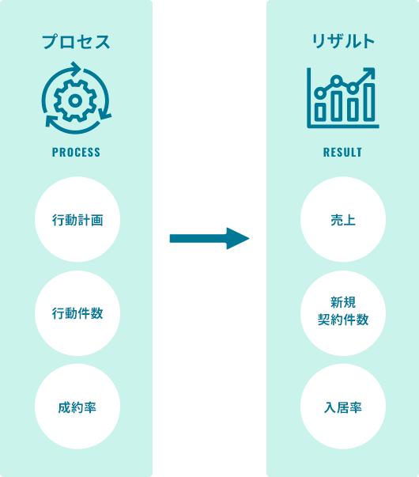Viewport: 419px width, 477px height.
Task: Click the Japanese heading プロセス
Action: pos(76,41)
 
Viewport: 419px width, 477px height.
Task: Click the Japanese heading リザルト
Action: pos(343,41)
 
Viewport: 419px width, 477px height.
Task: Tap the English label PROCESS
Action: pos(76,152)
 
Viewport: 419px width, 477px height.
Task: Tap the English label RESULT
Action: pos(342,152)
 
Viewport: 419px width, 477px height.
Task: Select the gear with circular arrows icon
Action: pos(76,98)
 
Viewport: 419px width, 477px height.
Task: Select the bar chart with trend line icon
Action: pos(342,98)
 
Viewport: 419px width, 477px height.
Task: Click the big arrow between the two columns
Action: pos(209,239)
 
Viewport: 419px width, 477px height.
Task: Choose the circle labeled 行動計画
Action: pos(77,219)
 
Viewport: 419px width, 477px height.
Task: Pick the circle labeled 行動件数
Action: pos(77,313)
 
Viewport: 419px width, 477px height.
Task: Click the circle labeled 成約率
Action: pos(77,407)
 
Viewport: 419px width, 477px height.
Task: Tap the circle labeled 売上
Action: pos(343,219)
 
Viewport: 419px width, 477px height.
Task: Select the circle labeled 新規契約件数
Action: pos(343,313)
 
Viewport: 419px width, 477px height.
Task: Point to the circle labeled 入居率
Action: pos(343,407)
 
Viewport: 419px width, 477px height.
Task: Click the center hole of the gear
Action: pos(75,100)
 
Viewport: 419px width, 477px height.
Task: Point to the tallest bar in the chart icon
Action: pos(369,102)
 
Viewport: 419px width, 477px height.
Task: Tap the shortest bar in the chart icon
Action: pos(319,112)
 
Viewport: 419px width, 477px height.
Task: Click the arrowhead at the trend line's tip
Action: pos(369,73)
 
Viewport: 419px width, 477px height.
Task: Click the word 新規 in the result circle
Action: pos(343,302)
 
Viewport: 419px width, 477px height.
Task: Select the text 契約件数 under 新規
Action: pos(343,320)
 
